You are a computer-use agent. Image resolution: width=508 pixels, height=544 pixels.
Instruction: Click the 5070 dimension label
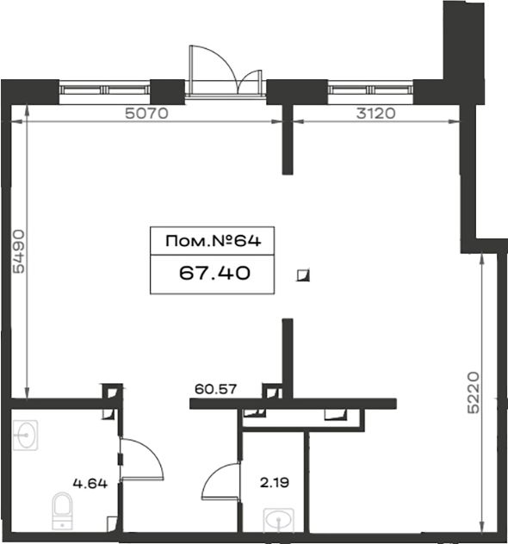click(x=146, y=113)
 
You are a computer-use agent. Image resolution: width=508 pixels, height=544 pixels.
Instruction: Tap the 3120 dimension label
click(x=375, y=113)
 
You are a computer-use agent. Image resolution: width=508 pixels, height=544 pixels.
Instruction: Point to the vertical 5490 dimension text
click(x=19, y=251)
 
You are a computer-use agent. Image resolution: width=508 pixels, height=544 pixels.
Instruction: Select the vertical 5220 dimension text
click(x=474, y=393)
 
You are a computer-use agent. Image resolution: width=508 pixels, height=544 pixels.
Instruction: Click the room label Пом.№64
click(x=213, y=241)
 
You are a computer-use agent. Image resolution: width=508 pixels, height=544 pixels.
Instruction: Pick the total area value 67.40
click(x=214, y=273)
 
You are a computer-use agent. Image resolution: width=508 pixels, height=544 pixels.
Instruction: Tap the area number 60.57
click(x=215, y=389)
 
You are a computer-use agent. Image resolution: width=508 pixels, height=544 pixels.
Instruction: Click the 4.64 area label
click(x=90, y=483)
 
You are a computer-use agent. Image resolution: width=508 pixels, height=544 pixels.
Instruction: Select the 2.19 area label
click(x=275, y=483)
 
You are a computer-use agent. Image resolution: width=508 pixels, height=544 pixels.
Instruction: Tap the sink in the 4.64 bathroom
click(x=25, y=435)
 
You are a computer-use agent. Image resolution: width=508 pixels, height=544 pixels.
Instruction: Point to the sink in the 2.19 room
click(x=279, y=520)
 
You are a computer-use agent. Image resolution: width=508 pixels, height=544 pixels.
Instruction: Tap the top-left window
click(x=104, y=90)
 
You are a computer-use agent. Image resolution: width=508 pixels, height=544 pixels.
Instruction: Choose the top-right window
click(x=370, y=90)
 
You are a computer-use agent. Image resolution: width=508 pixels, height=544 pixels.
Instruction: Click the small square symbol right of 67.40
click(x=303, y=275)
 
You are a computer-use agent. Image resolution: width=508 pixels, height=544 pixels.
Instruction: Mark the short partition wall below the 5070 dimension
click(x=288, y=139)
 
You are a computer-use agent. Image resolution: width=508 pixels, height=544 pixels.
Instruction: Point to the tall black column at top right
click(x=463, y=52)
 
